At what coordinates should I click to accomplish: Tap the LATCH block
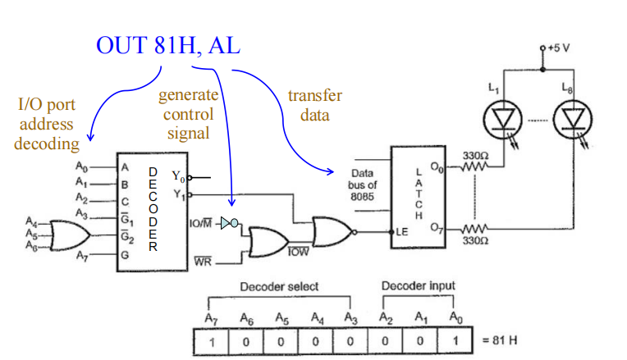click(419, 194)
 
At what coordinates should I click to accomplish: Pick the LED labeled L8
click(571, 119)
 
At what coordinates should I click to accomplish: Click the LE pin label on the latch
click(402, 232)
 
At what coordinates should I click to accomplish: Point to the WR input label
click(202, 262)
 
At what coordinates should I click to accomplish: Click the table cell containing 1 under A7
click(212, 339)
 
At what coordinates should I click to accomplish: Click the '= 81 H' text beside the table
click(498, 339)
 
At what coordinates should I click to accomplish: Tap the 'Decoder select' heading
click(278, 286)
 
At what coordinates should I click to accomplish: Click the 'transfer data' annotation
click(314, 105)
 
